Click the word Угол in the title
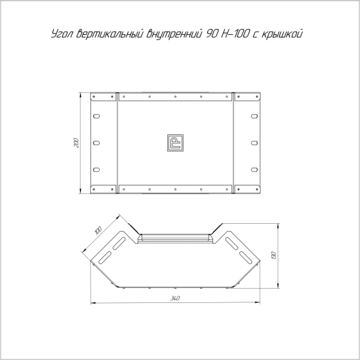point(62,34)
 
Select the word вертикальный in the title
point(110,34)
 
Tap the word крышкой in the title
point(282,34)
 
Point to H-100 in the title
point(235,34)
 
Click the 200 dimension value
point(76,143)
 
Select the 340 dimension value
point(175,298)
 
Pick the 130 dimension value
point(274,256)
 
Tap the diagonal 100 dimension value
point(98,230)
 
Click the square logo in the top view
point(175,143)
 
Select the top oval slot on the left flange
point(97,116)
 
